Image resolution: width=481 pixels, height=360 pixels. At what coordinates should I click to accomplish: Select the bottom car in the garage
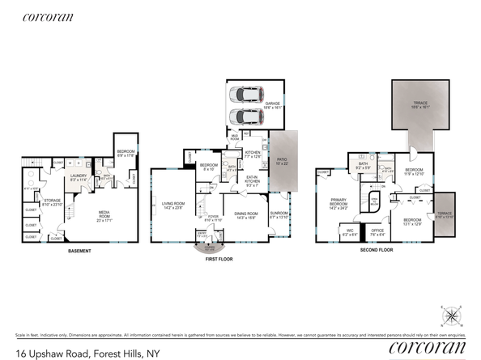tap(247, 116)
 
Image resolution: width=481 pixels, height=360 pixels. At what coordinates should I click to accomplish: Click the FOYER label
tap(212, 218)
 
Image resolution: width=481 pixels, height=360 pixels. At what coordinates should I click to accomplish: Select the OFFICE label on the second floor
tap(377, 231)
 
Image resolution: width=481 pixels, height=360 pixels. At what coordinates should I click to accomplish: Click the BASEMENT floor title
tap(79, 251)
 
